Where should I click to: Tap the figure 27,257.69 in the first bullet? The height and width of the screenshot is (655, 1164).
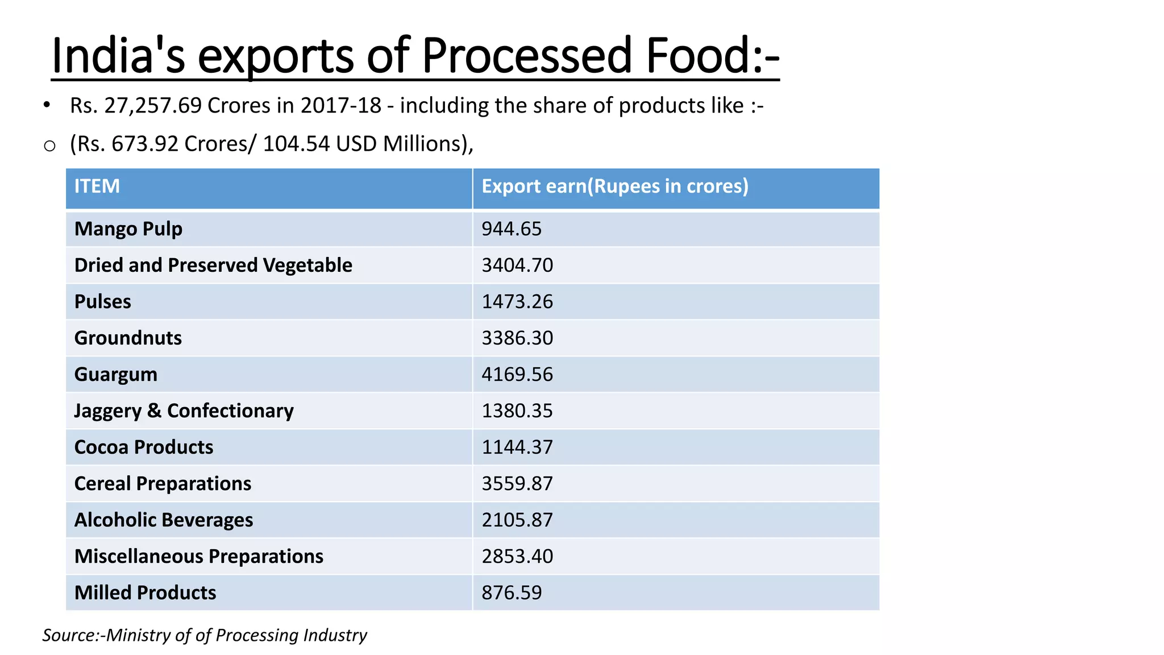153,106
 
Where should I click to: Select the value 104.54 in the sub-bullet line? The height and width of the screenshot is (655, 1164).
296,144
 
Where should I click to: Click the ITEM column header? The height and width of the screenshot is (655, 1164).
97,186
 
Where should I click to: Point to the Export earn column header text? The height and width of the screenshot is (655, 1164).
615,186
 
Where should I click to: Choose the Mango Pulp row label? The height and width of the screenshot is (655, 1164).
128,229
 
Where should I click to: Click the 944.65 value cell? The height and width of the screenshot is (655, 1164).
512,229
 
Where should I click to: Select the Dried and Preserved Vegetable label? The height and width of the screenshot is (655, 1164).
213,266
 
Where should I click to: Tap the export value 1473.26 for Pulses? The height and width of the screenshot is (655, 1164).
517,302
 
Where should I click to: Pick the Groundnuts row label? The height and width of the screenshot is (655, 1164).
128,338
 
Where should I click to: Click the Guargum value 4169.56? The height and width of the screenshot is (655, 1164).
517,375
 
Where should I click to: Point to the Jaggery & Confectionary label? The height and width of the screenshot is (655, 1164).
184,411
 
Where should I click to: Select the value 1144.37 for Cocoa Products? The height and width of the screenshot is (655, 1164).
517,447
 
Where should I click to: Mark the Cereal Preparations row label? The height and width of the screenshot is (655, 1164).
163,484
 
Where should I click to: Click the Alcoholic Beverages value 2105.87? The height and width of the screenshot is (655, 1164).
517,520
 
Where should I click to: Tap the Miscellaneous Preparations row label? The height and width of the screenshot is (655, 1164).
199,557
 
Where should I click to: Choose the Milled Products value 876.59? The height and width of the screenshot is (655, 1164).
512,593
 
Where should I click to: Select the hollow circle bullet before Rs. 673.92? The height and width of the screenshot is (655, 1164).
49,146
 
